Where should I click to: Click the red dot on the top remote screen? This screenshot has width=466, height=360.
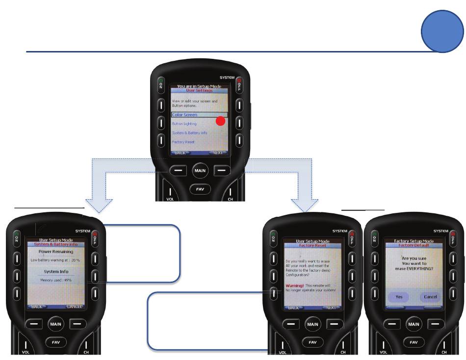click(220, 121)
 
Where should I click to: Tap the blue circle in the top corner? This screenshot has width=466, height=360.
click(443, 30)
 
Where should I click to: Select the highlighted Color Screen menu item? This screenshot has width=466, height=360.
click(184, 115)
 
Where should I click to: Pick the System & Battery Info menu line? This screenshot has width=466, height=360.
click(189, 133)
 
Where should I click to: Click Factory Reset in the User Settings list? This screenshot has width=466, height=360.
click(183, 142)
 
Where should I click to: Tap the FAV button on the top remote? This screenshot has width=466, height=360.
click(200, 189)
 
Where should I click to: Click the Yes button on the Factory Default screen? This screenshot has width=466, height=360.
click(399, 297)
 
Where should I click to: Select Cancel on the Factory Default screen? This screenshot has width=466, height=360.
click(430, 297)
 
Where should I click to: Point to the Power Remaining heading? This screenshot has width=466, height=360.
click(55, 251)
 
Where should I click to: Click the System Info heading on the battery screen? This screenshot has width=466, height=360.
click(55, 271)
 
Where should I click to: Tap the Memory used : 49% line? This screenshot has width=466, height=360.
click(55, 280)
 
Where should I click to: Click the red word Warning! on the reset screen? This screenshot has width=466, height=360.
click(295, 285)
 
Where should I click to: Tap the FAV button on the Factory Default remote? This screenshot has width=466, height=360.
click(414, 342)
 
